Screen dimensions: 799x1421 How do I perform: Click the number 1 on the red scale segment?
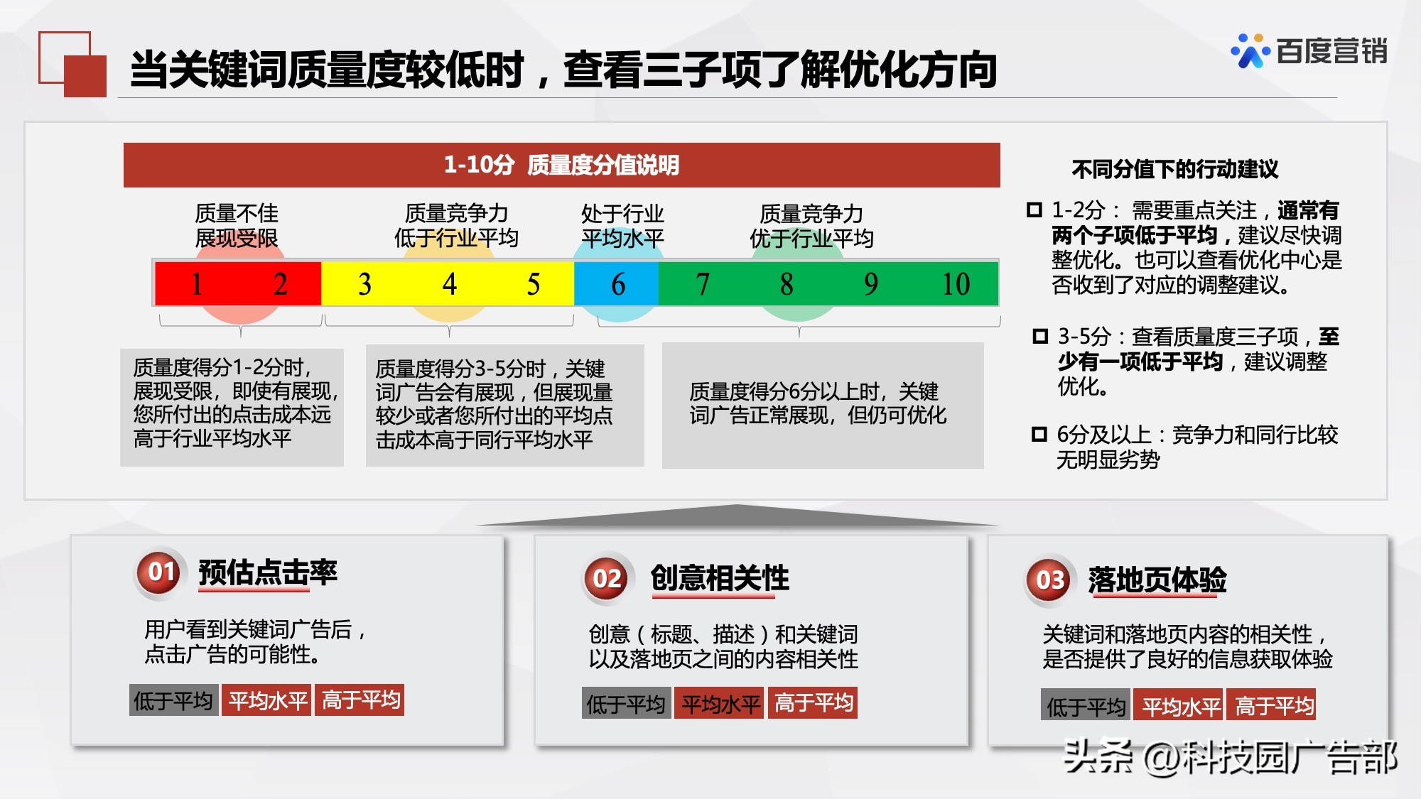pyautogui.click(x=197, y=284)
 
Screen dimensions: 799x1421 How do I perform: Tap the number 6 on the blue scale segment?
pyautogui.click(x=618, y=284)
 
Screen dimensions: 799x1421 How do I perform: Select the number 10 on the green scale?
pyautogui.click(x=956, y=284)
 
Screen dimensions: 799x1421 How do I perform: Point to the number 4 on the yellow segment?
pyautogui.click(x=449, y=284)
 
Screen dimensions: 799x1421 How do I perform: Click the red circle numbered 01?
pyautogui.click(x=161, y=572)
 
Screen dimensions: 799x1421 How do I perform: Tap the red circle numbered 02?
pyautogui.click(x=607, y=578)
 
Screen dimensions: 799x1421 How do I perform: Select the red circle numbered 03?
pyautogui.click(x=1049, y=580)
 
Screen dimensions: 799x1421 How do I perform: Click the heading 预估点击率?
pyautogui.click(x=268, y=572)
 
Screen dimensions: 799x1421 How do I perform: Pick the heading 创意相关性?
pyautogui.click(x=720, y=578)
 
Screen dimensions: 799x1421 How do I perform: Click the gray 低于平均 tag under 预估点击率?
pyautogui.click(x=173, y=701)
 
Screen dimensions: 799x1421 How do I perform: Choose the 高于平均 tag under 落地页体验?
pyautogui.click(x=1274, y=706)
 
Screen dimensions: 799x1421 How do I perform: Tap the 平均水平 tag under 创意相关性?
pyautogui.click(x=720, y=704)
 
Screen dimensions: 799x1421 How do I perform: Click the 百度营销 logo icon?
pyautogui.click(x=1250, y=51)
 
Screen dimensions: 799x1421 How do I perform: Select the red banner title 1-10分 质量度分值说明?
pyautogui.click(x=561, y=165)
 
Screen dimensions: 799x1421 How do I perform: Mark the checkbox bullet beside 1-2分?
pyautogui.click(x=1034, y=210)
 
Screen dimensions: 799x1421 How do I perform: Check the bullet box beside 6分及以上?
pyautogui.click(x=1039, y=434)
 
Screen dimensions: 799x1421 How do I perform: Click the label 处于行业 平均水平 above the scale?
pyautogui.click(x=622, y=226)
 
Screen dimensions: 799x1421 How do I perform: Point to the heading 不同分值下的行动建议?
pyautogui.click(x=1174, y=169)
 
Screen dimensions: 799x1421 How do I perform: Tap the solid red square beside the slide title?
pyautogui.click(x=85, y=75)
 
